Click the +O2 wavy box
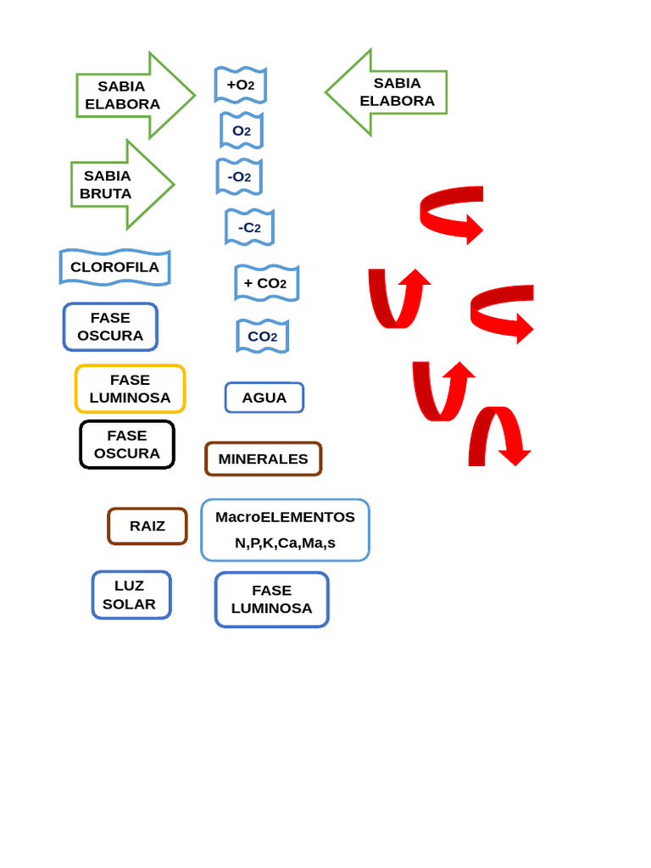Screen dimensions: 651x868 [241, 86]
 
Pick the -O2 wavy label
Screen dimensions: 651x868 [239, 176]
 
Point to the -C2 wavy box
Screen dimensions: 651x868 [250, 227]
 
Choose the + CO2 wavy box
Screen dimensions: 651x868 [267, 283]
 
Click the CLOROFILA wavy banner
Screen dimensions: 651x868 [115, 267]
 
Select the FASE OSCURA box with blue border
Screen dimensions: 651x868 [111, 326]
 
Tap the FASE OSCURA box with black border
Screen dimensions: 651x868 [127, 444]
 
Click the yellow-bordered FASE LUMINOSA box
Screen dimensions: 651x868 [130, 388]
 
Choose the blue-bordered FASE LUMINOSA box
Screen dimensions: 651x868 [272, 599]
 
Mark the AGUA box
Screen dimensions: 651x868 [264, 398]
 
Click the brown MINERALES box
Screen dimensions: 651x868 [264, 459]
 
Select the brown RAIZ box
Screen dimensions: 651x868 [147, 526]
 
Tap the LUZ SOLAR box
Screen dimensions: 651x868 [131, 595]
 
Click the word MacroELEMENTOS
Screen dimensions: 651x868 [285, 517]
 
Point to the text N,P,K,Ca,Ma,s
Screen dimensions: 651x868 [285, 543]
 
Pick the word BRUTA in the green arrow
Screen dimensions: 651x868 [106, 194]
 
